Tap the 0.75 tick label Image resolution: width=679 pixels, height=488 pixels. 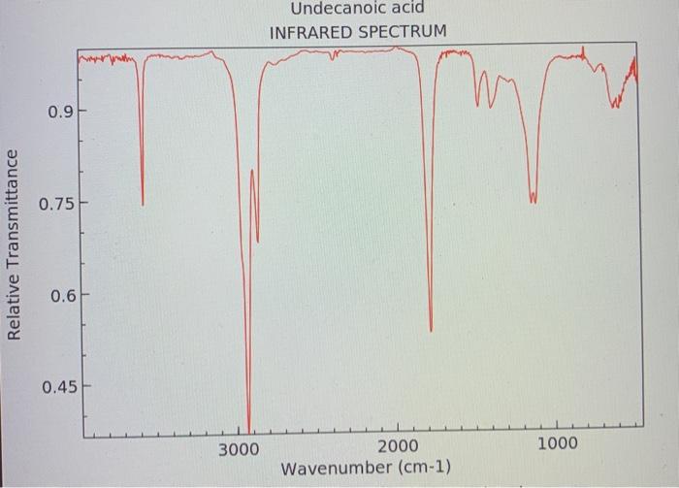click(53, 205)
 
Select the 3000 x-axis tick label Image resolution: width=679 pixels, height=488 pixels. click(238, 448)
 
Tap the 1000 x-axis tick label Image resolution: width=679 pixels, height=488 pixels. click(557, 444)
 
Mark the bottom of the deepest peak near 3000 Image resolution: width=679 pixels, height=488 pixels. click(249, 431)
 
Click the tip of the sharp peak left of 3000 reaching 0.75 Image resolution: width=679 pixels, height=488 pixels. click(143, 205)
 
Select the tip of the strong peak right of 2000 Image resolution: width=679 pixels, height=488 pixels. click(431, 331)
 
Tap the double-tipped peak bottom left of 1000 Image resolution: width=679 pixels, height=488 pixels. click(533, 201)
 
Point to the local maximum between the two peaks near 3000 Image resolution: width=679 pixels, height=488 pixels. click(253, 171)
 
